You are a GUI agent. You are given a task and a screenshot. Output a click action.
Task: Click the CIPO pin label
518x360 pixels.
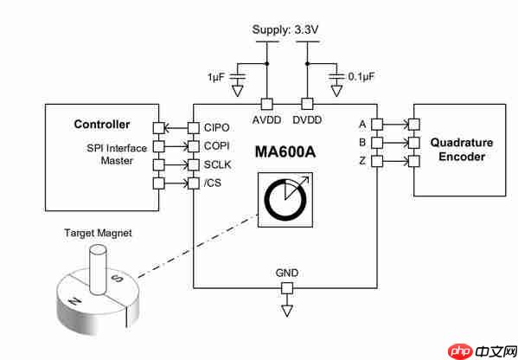pos(218,127)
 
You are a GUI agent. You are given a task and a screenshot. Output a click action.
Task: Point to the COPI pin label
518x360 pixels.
pos(218,146)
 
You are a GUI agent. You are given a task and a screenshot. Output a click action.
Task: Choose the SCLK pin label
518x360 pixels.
pos(218,164)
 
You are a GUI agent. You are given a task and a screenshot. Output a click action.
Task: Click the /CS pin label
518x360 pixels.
pos(214,183)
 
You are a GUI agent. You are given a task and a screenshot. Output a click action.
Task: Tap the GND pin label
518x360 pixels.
pos(287,273)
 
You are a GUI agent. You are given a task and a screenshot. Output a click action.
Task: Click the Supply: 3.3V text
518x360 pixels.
pos(287,30)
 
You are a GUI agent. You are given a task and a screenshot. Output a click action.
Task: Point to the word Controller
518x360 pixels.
pos(101,125)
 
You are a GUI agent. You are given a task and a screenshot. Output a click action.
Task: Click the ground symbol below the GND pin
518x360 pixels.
pos(287,309)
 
